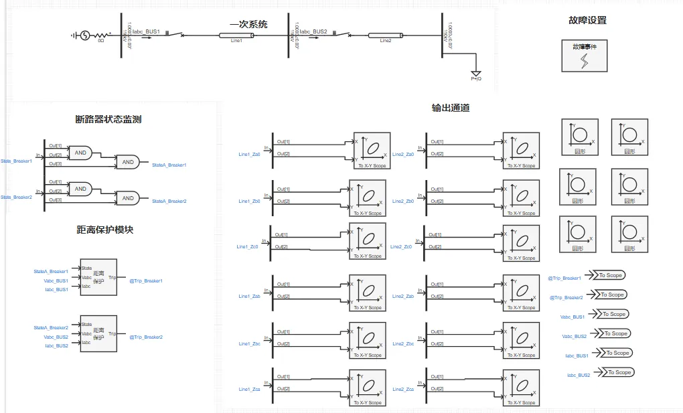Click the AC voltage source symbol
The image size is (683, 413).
click(85, 35)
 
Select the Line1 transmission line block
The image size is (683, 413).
click(236, 35)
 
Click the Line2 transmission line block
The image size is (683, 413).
click(385, 35)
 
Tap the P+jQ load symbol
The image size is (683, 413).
click(476, 74)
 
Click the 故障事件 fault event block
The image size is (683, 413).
click(585, 56)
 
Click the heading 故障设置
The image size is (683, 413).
click(587, 20)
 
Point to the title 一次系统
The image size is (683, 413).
click(248, 24)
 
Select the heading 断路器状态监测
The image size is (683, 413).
click(108, 119)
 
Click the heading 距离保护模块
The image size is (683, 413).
click(105, 230)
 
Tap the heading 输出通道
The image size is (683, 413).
click(451, 107)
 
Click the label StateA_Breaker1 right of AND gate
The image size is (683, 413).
click(169, 165)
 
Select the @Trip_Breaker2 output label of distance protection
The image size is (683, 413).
click(146, 337)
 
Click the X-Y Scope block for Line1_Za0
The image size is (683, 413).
click(370, 149)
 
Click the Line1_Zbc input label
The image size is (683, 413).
click(249, 343)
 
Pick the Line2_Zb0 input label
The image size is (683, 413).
click(403, 201)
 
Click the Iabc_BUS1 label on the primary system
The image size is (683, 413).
click(145, 31)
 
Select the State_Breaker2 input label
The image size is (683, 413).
click(16, 197)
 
